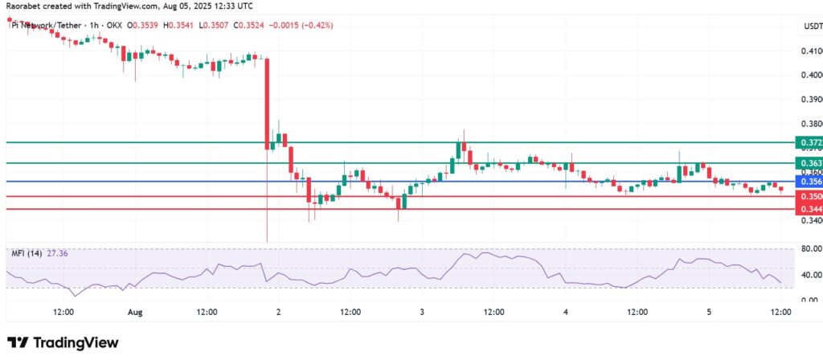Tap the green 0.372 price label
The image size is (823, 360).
pyautogui.click(x=808, y=142)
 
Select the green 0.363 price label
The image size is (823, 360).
pyautogui.click(x=808, y=163)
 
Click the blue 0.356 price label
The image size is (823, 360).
pyautogui.click(x=808, y=182)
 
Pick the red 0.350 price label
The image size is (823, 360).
pyautogui.click(x=808, y=196)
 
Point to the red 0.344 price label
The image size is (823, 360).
pyautogui.click(x=808, y=209)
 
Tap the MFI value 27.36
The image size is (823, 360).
pyautogui.click(x=56, y=253)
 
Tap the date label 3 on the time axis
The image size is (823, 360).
pyautogui.click(x=422, y=311)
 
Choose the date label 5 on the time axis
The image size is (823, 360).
pyautogui.click(x=709, y=311)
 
